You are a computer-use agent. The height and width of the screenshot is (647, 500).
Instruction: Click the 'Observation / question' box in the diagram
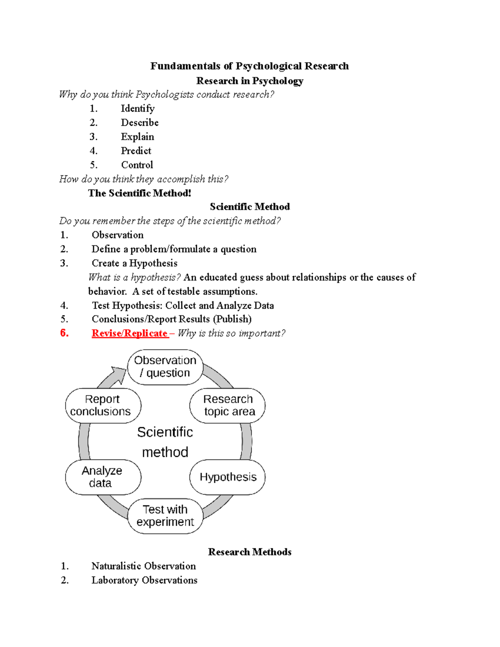(x=165, y=367)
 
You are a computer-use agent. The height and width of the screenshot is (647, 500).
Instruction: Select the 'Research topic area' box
(x=227, y=405)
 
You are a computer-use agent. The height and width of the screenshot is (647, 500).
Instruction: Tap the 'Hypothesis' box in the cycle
(x=227, y=477)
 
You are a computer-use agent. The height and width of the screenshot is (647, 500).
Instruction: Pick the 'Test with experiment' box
(x=165, y=516)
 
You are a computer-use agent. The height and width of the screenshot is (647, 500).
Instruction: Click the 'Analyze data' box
(x=103, y=477)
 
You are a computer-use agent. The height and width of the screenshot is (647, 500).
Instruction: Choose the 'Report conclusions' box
(x=103, y=405)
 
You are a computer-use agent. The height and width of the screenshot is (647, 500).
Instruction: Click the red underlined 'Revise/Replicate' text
(x=130, y=333)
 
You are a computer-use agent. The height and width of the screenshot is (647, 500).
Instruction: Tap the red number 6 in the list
(x=64, y=333)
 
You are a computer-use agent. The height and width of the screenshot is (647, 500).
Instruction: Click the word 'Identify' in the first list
(x=137, y=109)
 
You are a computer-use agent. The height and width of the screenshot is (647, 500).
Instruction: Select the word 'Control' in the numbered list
(x=137, y=165)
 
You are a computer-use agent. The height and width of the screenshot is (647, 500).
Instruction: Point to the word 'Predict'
(x=136, y=151)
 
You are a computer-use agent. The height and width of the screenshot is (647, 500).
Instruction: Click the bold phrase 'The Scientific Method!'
(x=140, y=193)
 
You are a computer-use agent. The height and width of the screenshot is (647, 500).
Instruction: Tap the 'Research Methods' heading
(x=250, y=552)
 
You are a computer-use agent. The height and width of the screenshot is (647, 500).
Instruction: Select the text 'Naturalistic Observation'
(x=143, y=566)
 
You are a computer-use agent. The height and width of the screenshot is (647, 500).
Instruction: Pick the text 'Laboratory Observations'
(x=144, y=580)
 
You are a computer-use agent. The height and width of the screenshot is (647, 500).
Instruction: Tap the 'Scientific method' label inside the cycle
(x=165, y=442)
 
